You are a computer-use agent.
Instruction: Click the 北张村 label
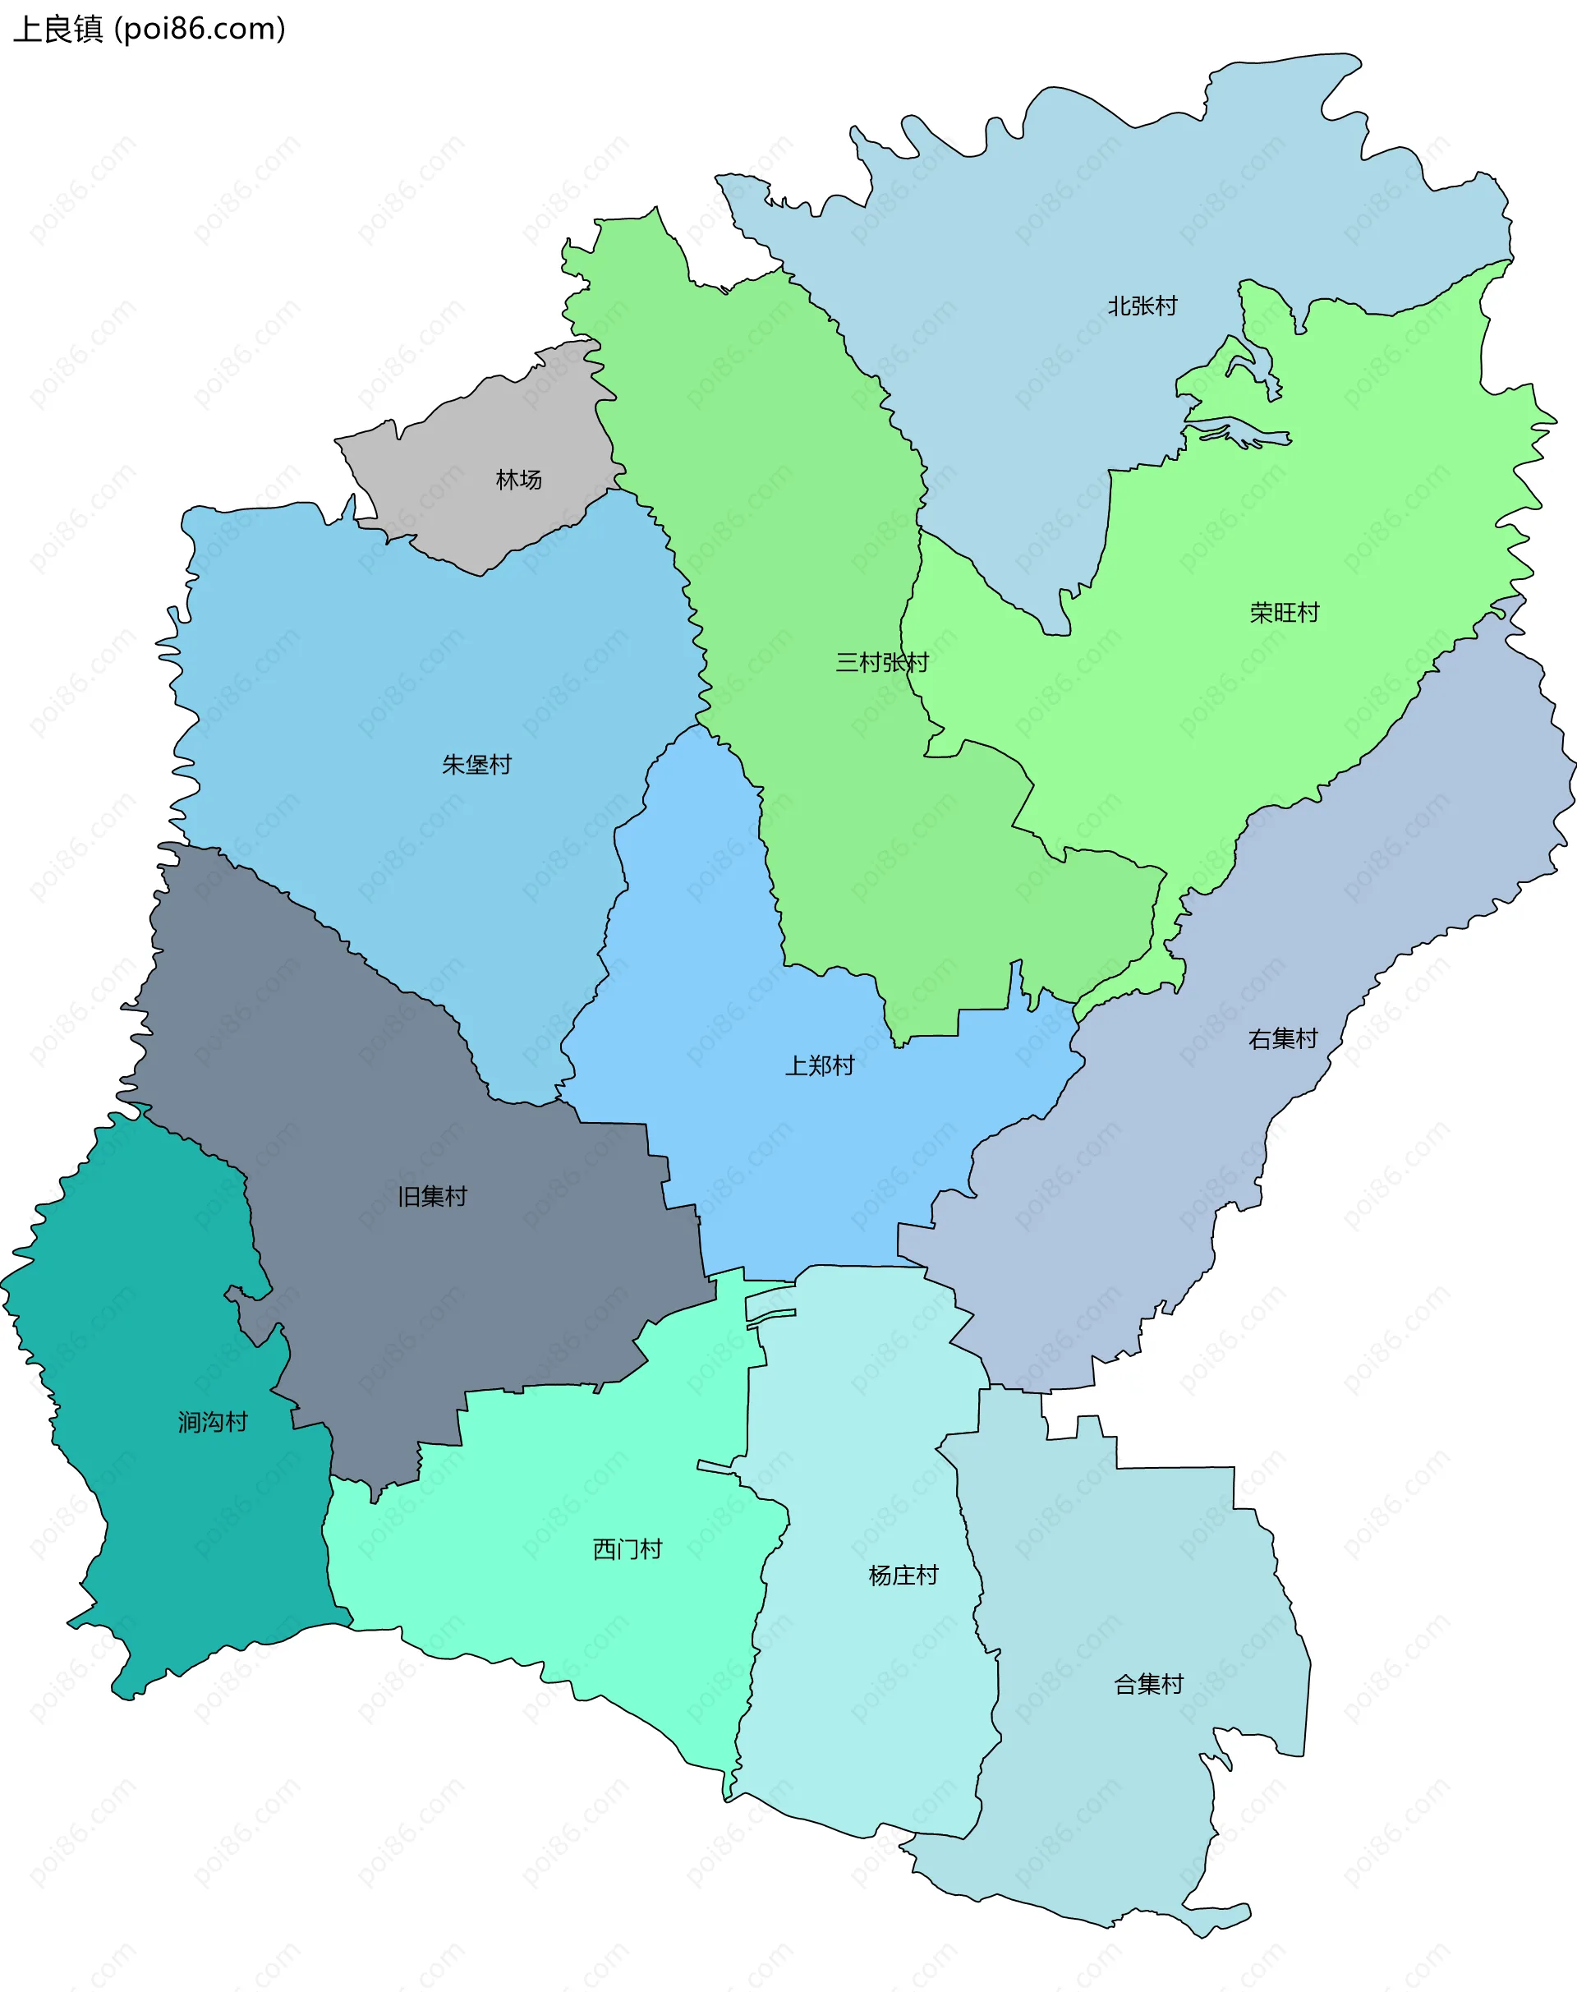pos(1143,306)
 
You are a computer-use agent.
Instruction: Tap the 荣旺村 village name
pos(1285,612)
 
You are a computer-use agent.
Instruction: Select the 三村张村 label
pos(882,662)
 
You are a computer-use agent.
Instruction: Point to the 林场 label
pos(519,479)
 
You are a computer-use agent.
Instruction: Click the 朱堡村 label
pos(476,765)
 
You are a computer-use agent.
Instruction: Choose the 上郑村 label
pos(820,1065)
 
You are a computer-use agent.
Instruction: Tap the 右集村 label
pos(1282,1039)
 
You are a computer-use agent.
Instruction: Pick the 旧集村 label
pos(432,1197)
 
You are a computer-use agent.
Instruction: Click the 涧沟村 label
pos(214,1422)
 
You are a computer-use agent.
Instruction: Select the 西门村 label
pos(628,1548)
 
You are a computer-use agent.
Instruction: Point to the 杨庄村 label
pos(903,1576)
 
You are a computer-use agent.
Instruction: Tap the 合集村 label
pos(1148,1685)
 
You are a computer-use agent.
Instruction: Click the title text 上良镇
pos(57,30)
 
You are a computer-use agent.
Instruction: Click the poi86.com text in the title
pos(200,30)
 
